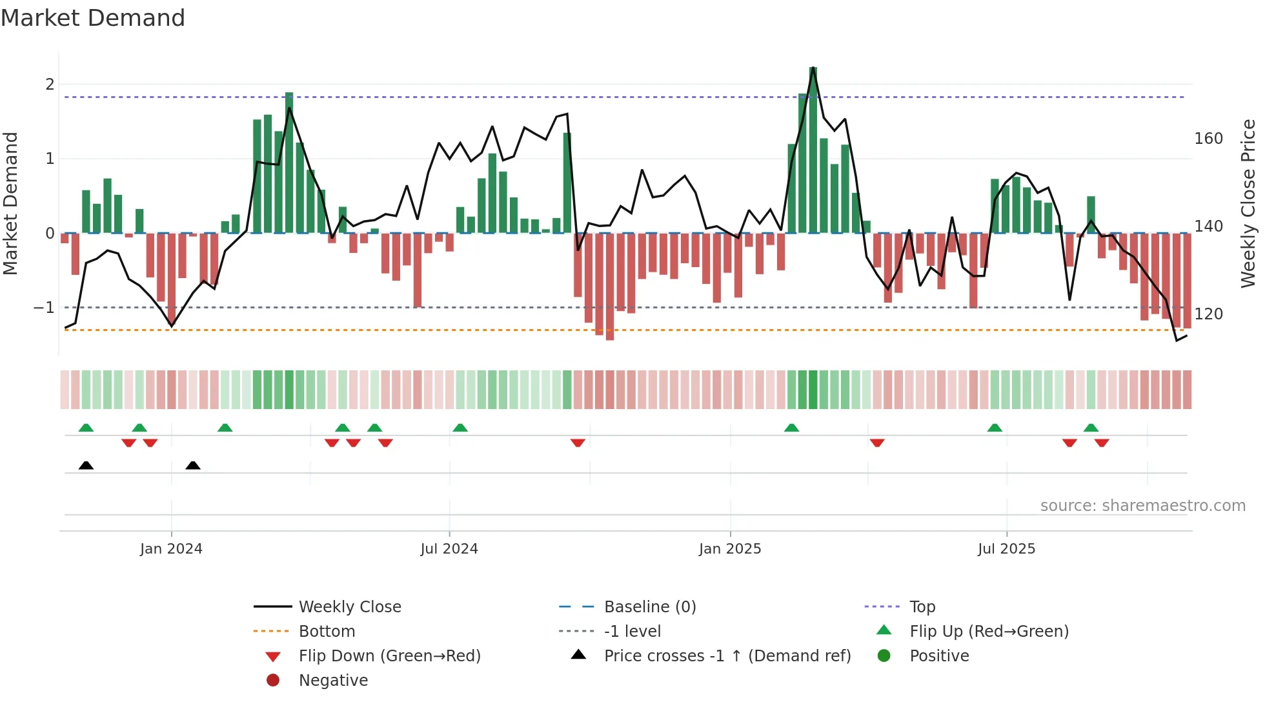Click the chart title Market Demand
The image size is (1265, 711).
93,17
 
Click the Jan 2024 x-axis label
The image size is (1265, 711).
171,549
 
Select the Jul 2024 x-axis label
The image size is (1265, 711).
449,549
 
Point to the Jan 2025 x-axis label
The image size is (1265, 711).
730,549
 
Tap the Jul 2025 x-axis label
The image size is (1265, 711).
1006,549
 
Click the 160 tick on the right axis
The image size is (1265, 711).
1208,139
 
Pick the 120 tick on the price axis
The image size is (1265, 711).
1208,314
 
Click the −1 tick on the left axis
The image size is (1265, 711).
45,308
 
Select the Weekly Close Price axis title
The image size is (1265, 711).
1248,203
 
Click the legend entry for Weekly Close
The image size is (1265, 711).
349,607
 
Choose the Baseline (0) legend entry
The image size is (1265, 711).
649,607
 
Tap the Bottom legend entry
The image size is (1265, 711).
327,632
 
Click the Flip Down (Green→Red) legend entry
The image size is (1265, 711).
389,656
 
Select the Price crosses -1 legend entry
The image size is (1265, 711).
727,656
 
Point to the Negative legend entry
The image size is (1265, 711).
333,681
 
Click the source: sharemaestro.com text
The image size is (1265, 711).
1142,506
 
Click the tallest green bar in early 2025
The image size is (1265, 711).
813,150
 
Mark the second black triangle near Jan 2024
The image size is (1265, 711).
193,465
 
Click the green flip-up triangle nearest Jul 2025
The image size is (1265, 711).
995,428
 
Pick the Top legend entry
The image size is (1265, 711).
922,607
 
